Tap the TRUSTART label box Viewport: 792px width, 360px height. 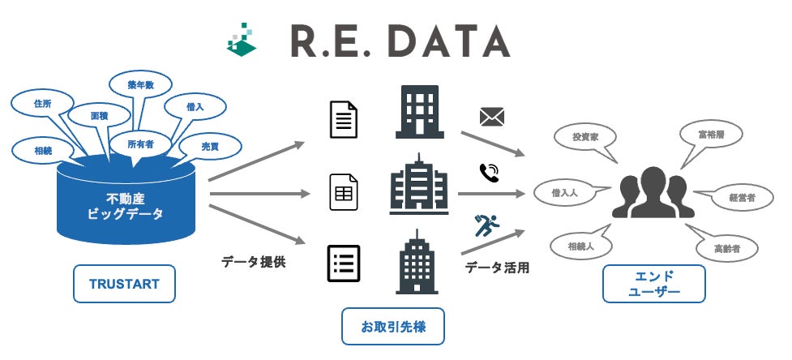point(124,284)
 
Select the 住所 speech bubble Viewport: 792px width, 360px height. point(43,105)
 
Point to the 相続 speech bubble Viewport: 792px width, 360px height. point(42,149)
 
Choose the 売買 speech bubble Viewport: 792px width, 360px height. point(210,146)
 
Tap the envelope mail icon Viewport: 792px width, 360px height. point(491,118)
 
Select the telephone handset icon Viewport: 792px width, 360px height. point(489,172)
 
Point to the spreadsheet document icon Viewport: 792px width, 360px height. point(344,191)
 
